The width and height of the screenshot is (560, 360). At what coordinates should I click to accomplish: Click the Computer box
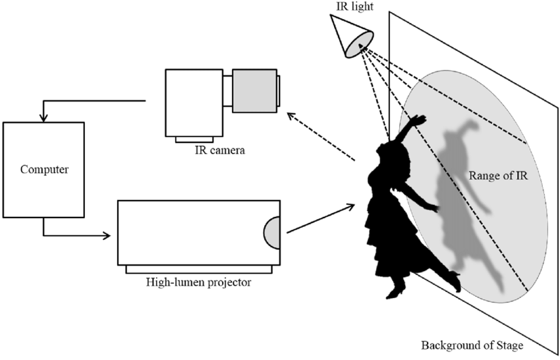click(43, 170)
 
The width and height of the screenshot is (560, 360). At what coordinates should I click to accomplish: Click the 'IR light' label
click(355, 7)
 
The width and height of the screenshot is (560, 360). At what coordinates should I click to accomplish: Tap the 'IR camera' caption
click(220, 150)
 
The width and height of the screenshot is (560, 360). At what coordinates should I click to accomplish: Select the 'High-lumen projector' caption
click(198, 282)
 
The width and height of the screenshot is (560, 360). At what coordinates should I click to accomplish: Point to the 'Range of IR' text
click(498, 175)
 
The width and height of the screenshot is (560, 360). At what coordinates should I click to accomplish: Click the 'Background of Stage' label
click(472, 345)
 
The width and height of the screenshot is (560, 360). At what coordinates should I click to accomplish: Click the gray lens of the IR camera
click(255, 91)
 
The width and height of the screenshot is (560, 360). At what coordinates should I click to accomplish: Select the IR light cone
click(351, 36)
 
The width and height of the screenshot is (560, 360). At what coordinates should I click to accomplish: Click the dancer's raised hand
click(419, 120)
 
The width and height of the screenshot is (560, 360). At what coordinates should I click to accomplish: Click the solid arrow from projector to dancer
click(321, 218)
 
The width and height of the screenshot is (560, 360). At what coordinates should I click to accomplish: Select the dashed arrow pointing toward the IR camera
click(321, 137)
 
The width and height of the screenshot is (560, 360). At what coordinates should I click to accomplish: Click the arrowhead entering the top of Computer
click(43, 117)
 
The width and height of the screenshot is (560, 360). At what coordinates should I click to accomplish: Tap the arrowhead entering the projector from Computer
click(107, 235)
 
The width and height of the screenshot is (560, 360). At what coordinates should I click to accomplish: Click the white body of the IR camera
click(194, 103)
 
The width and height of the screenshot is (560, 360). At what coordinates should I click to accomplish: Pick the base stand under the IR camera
click(194, 140)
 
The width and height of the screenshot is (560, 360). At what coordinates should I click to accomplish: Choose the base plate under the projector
click(199, 270)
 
